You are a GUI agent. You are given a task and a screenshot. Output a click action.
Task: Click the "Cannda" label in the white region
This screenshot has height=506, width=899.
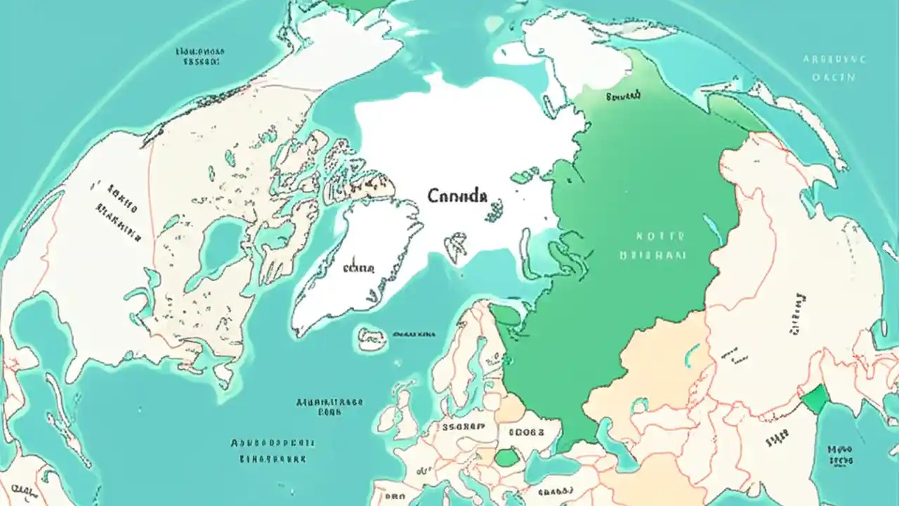pos(457,196)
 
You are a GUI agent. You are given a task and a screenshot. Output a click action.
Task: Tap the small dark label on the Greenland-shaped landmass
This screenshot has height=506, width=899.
pos(358,268)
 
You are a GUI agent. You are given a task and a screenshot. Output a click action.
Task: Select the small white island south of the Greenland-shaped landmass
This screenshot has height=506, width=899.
pos(372,338)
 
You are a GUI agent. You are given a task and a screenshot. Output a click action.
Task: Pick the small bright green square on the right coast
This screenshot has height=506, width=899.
pos(815,399)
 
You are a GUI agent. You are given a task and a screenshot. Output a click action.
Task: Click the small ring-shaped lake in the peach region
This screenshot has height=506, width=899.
pos(639,406)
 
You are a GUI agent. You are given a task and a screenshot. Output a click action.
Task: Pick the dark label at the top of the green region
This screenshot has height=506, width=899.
pos(622,95)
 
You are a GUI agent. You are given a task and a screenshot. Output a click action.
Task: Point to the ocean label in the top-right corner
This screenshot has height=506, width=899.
pos(834,68)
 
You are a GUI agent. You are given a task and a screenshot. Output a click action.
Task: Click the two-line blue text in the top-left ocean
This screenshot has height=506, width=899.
pos(200,56)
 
